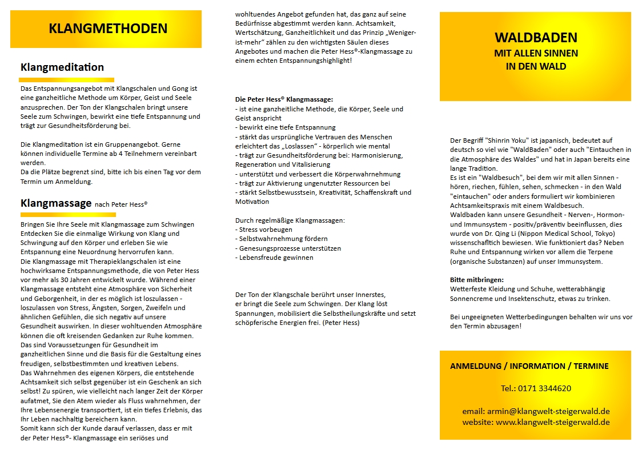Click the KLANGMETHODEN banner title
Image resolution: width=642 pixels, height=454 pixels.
108,29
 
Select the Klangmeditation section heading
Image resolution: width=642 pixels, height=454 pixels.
62,67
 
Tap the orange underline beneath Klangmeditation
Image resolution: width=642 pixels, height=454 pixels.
66,80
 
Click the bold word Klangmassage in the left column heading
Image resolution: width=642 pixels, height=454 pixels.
56,203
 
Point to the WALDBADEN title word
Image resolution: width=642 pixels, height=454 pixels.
535,38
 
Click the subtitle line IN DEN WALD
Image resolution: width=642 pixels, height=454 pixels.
536,66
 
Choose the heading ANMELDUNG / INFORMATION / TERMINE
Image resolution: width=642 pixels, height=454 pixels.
529,366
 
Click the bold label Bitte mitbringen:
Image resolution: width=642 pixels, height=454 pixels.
477,280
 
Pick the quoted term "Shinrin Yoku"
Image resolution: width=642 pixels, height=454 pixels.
510,140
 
